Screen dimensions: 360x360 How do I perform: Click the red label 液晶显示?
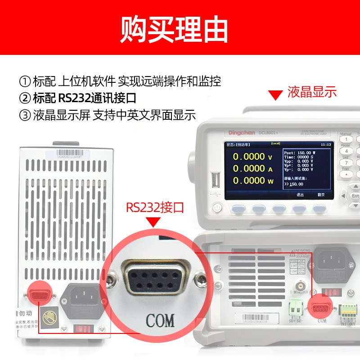click(312, 92)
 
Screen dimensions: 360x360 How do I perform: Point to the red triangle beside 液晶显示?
click(274, 95)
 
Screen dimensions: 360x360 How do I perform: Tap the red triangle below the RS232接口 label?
click(155, 222)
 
